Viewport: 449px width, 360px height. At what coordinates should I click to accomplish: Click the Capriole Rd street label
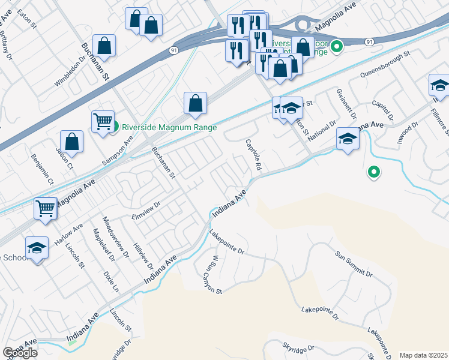254,154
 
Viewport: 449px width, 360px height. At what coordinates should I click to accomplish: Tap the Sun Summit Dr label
354,263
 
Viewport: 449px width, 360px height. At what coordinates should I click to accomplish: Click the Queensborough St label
385,64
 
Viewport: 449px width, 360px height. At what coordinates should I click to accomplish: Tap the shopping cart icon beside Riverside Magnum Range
103,121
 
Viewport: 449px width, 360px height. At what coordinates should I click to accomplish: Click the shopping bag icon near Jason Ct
71,142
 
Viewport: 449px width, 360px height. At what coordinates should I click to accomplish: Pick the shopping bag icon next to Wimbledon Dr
104,46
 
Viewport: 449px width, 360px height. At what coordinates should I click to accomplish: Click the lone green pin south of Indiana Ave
373,173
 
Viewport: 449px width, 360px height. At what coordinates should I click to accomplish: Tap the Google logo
19,353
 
